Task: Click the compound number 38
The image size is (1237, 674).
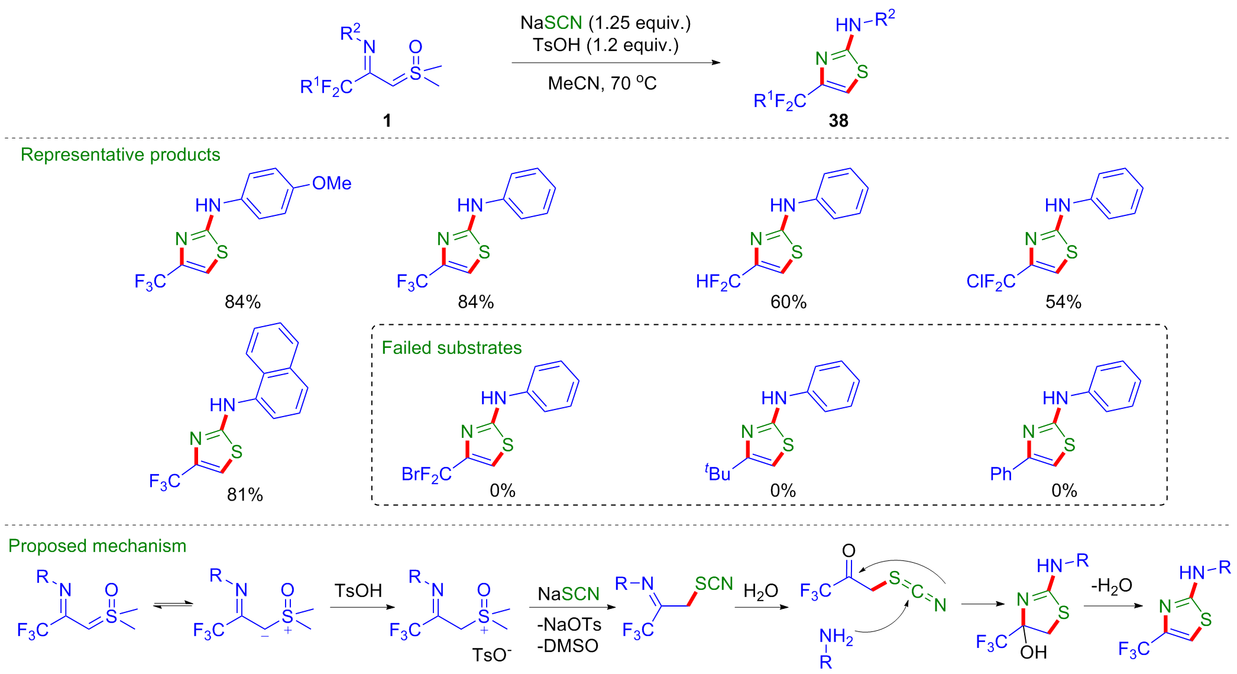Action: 838,121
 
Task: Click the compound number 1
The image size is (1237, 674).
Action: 387,121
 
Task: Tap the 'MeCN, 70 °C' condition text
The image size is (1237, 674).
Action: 602,83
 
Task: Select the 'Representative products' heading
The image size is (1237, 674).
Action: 121,154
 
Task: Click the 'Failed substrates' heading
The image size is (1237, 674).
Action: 452,347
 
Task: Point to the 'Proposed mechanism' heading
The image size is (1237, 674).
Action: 98,546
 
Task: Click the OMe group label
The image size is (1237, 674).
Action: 332,183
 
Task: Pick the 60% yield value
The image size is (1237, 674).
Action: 788,302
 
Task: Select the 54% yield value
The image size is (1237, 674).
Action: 1063,302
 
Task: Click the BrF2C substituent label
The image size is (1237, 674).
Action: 426,475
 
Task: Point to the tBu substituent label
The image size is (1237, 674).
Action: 717,473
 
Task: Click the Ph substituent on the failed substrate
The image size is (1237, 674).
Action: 1001,473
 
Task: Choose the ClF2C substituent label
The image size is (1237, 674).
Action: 991,282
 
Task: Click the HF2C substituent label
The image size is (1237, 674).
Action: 718,282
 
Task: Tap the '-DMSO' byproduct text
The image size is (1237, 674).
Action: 568,646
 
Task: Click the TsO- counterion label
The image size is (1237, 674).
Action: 492,654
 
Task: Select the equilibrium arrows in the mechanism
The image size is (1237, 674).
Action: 173,604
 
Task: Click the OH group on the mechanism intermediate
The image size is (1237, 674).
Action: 1034,652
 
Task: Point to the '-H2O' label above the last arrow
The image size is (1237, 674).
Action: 1112,586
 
